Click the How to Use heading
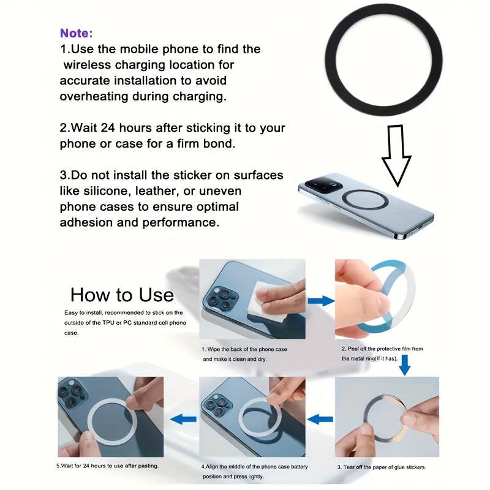pos(122,295)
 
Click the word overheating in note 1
pos(94,97)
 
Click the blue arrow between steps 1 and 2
pos(320,301)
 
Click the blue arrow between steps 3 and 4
pos(320,420)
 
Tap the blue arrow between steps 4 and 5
pos(183,420)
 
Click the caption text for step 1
pos(244,353)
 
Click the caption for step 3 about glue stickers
pos(382,467)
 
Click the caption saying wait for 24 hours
pos(108,466)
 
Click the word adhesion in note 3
pos(88,222)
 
